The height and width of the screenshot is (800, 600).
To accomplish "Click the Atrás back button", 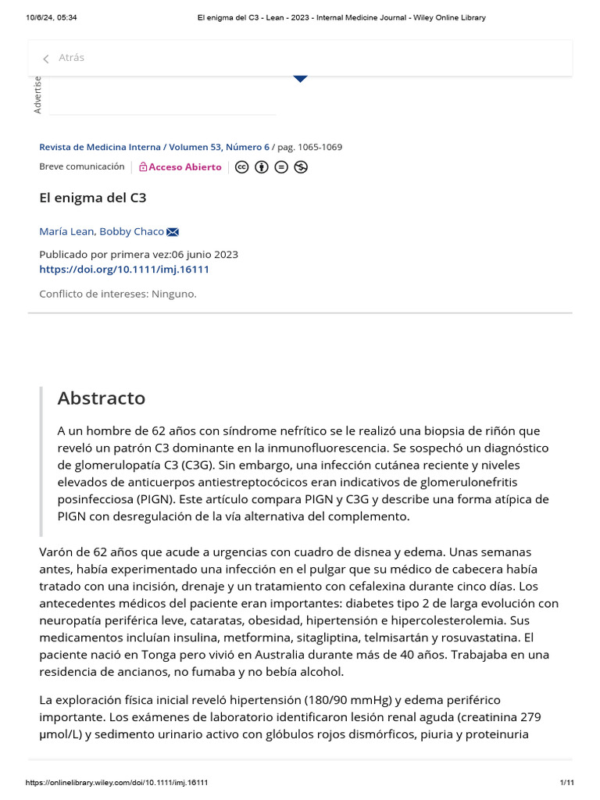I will (x=64, y=58).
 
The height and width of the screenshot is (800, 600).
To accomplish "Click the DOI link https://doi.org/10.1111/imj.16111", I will (x=124, y=270).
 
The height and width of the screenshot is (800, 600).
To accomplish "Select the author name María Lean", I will (x=67, y=231).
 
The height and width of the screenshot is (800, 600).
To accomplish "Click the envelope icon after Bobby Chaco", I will (x=173, y=231).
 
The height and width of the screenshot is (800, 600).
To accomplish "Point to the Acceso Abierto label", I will (x=184, y=167).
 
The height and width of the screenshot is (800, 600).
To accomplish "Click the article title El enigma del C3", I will (x=92, y=198).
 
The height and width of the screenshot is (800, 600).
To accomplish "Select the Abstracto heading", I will (x=102, y=398).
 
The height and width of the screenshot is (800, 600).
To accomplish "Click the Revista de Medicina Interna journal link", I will (x=99, y=147).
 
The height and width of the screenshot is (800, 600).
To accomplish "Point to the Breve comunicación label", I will (x=81, y=166).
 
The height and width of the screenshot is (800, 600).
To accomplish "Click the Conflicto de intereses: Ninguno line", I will (x=118, y=294).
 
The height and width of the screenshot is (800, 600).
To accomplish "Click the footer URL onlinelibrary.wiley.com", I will (x=117, y=782).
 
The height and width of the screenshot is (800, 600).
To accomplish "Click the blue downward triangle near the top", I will (x=300, y=78).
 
